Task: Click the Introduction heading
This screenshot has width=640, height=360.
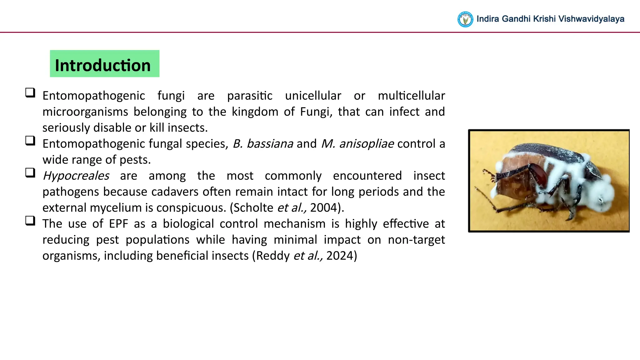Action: (x=103, y=65)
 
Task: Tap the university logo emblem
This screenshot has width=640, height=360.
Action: (x=465, y=19)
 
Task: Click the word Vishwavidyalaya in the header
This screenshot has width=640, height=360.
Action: (x=591, y=19)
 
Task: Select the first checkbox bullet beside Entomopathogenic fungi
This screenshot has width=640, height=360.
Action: (x=30, y=93)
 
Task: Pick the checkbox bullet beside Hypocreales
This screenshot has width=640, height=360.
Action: (x=30, y=173)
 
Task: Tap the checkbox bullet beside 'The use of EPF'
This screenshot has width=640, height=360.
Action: (x=30, y=221)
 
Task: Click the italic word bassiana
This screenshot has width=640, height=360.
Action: (x=270, y=144)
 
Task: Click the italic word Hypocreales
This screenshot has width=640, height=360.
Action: (x=76, y=176)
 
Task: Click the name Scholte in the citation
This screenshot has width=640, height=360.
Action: (x=253, y=208)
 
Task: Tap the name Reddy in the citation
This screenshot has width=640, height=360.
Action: (x=273, y=256)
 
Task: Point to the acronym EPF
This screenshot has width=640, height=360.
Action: (x=118, y=224)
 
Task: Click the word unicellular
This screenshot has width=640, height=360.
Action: (x=313, y=96)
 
